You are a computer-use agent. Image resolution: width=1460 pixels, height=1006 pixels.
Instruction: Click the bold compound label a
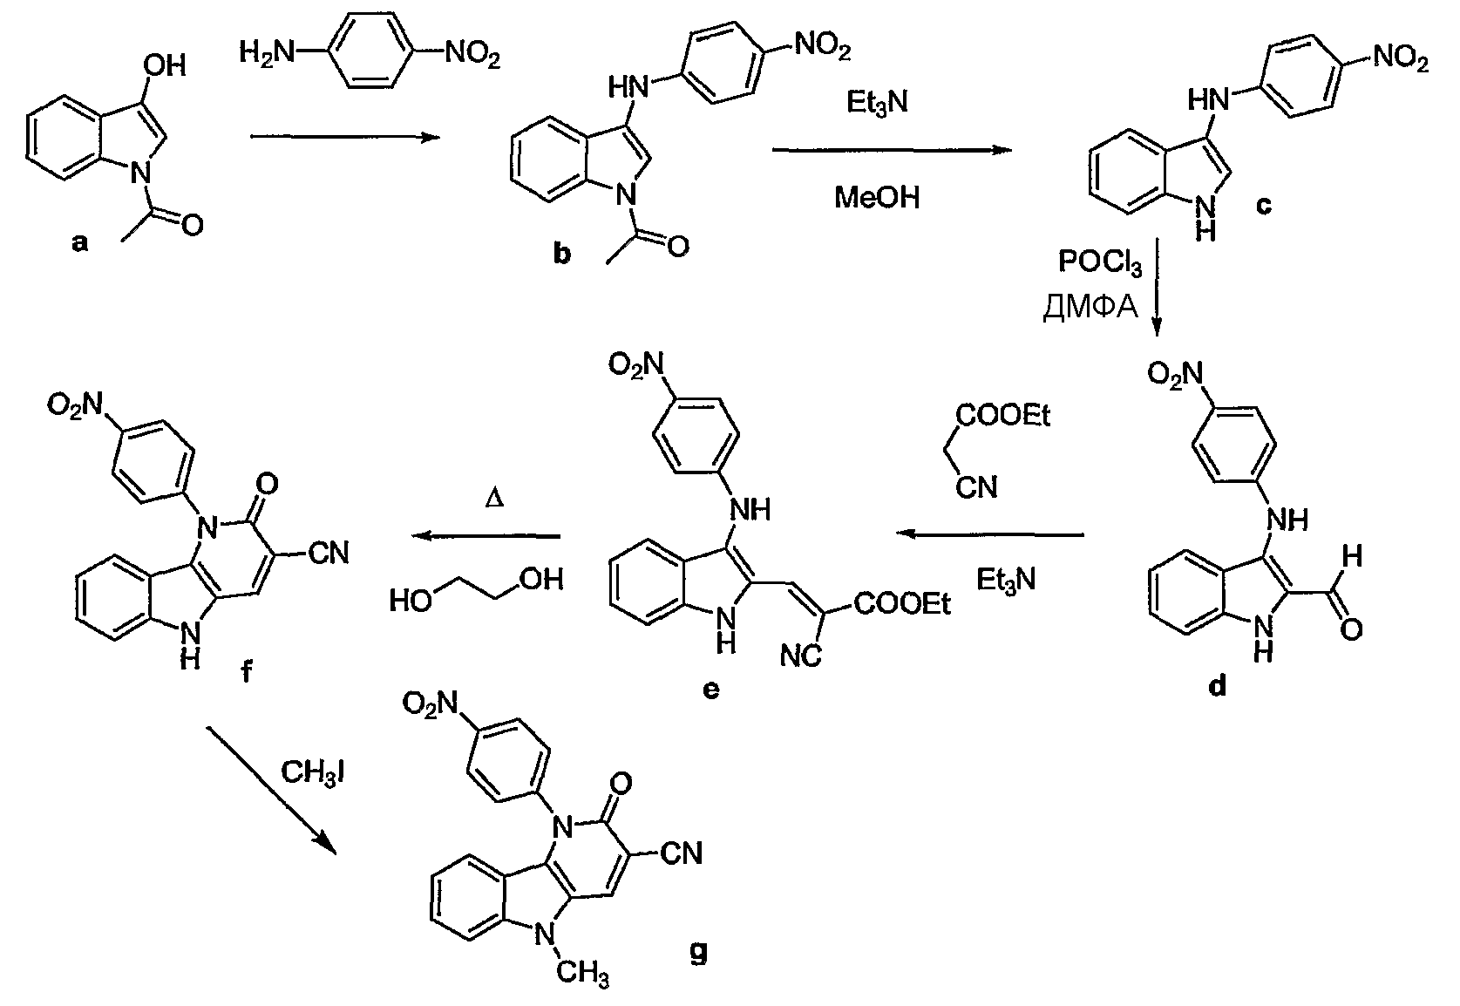(x=80, y=243)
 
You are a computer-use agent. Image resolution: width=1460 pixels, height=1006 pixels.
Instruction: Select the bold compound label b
(x=562, y=254)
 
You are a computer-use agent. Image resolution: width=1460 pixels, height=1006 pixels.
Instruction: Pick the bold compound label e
(x=710, y=689)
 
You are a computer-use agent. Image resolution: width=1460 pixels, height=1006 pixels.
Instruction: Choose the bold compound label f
(x=247, y=671)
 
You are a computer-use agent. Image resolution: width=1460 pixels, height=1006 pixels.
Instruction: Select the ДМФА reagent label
(x=1090, y=308)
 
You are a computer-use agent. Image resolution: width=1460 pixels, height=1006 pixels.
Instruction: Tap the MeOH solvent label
(x=876, y=199)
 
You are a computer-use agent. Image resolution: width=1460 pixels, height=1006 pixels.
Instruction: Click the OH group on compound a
(x=166, y=65)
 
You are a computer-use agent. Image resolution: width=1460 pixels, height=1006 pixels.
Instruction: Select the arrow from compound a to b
(x=344, y=136)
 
